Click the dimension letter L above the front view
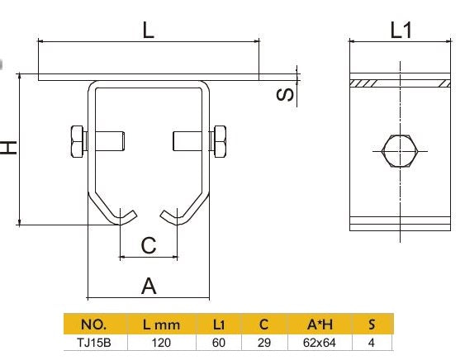148,31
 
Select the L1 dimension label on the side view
401,31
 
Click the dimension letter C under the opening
148,245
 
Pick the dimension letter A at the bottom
149,286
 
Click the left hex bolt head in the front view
75,141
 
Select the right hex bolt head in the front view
221,141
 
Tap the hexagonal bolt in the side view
401,151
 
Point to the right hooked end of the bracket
174,218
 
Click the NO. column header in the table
95,324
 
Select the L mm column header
161,324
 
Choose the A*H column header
318,324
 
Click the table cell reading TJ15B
93,342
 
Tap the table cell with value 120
161,342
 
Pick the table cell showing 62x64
318,342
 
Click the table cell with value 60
219,342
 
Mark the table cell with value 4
371,342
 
